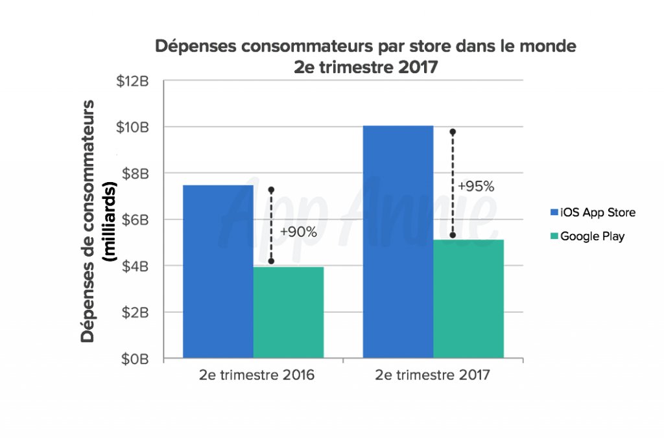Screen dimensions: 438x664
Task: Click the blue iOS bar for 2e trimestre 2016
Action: coord(218,271)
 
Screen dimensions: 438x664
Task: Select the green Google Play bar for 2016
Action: coord(288,312)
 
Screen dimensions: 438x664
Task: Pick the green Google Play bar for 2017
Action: coord(468,299)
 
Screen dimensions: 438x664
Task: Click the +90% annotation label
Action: coord(298,231)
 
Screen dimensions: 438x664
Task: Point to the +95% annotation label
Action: coord(476,187)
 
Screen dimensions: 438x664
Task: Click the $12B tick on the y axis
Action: coord(134,81)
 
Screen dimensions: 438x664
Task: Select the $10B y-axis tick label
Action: coord(134,127)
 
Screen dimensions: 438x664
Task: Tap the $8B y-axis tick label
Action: coord(136,174)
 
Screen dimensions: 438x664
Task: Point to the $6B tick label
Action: coord(136,220)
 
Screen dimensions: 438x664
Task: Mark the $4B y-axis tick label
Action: coord(136,266)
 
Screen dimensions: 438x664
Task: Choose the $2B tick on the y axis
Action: coord(136,312)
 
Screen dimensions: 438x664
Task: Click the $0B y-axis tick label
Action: coord(136,358)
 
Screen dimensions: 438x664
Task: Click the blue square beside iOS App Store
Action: coord(553,213)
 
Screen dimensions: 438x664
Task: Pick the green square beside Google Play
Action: coord(553,236)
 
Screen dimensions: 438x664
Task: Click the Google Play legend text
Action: coord(592,236)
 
